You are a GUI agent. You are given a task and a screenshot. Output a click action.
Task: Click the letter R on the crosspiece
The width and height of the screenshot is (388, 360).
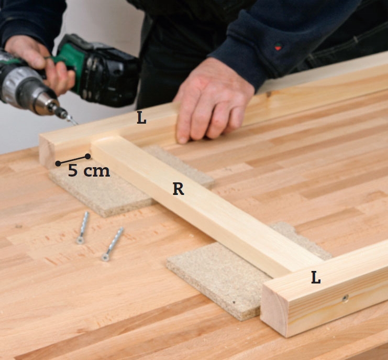coord(179,189)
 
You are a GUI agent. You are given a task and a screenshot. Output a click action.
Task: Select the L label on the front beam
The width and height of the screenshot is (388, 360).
coord(316,277)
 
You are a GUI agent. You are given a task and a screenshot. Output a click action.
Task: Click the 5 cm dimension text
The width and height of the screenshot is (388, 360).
coord(89,171)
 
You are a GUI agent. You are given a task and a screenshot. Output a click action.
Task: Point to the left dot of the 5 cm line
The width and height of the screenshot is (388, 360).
coord(58,163)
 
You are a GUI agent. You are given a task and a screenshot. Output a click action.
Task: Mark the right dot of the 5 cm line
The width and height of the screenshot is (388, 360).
coord(88,156)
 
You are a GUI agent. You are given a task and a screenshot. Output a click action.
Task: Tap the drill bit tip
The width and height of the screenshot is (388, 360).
coord(76,124)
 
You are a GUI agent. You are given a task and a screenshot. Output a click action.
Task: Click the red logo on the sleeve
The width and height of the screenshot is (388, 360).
coord(278,47)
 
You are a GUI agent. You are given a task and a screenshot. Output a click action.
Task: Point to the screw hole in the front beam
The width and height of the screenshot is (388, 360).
coord(345,298)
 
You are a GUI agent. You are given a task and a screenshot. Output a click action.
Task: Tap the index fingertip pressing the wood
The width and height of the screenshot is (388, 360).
coord(182,139)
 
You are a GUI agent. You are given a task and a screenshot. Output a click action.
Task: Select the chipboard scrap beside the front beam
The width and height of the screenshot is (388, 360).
coord(238,275)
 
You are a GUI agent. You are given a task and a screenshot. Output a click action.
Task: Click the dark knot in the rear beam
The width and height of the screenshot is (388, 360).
coord(269,94)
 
